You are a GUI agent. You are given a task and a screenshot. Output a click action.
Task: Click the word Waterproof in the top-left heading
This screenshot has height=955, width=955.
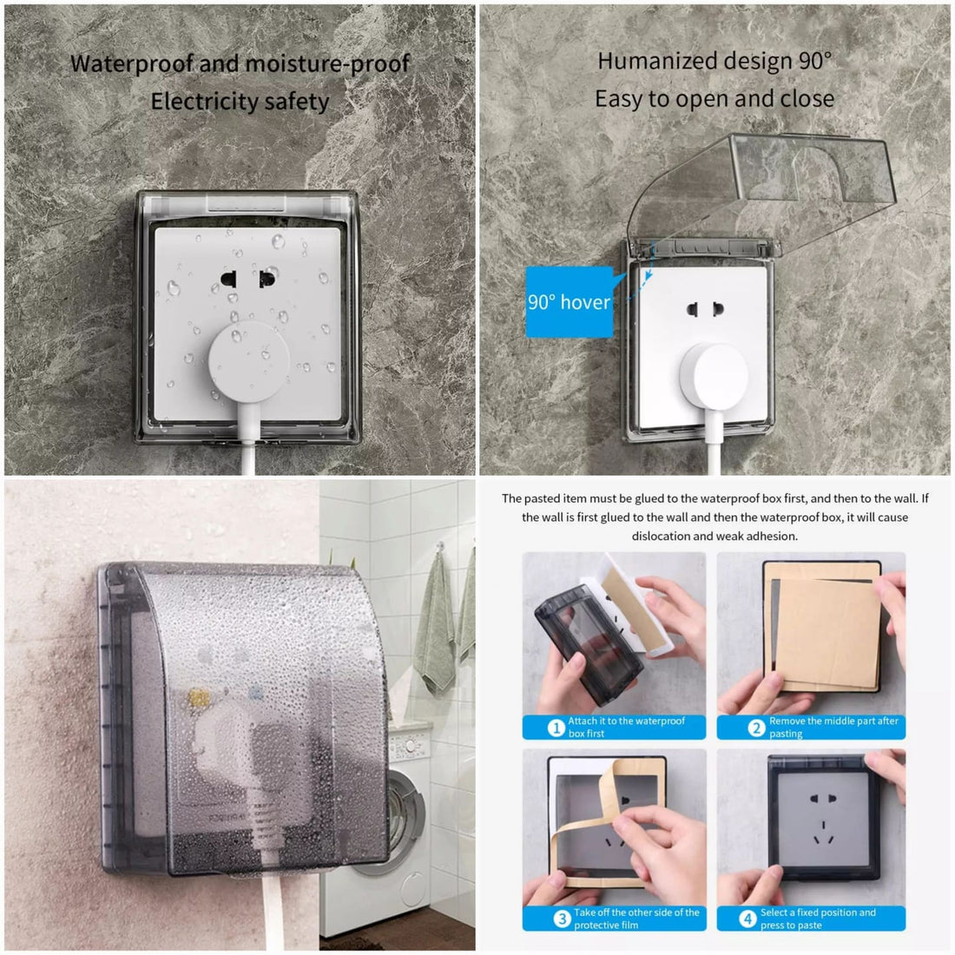(x=132, y=64)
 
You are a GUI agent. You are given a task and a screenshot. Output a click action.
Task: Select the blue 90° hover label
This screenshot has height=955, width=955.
(x=570, y=301)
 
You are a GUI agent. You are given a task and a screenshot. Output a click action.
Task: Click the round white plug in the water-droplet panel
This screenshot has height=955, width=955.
(x=248, y=360)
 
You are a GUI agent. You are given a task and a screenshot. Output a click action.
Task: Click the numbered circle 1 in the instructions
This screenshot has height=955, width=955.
(x=556, y=728)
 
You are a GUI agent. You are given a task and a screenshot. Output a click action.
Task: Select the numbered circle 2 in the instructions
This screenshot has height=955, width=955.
(x=756, y=728)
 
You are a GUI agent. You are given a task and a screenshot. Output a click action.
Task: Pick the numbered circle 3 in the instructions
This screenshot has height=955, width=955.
(x=562, y=919)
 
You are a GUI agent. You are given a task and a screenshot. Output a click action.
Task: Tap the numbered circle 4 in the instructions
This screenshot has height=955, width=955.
(x=748, y=919)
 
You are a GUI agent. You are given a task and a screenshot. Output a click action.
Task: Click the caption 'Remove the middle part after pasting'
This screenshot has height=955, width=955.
(x=833, y=728)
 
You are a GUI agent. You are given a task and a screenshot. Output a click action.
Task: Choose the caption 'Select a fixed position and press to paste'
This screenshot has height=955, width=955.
(x=818, y=919)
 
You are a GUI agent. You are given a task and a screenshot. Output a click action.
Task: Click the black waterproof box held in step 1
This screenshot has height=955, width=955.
(x=588, y=646)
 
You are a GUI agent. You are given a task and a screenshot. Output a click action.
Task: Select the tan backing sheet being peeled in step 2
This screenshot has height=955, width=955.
(x=826, y=634)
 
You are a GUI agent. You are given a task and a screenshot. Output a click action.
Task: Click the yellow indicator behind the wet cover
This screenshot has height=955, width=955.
(x=199, y=698)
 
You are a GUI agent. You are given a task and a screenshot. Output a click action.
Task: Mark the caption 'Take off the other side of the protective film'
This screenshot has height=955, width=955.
(x=636, y=919)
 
